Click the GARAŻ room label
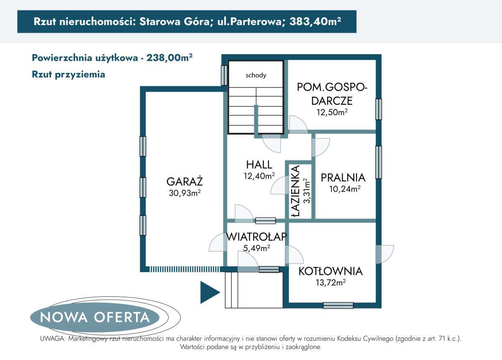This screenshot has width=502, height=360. click(x=184, y=182)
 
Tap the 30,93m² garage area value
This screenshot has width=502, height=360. click(x=184, y=193)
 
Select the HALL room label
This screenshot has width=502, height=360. click(x=259, y=165)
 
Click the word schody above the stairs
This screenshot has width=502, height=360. click(x=256, y=75)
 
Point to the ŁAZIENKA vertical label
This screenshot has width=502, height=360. click(x=296, y=191)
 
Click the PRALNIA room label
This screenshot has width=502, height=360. click(x=343, y=177)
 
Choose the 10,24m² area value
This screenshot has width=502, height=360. click(x=345, y=189)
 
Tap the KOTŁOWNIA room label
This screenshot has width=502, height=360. click(x=330, y=271)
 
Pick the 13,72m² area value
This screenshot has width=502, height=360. click(x=330, y=283)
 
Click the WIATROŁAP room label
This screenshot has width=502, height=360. click(x=256, y=237)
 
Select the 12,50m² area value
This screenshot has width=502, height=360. click(x=333, y=112)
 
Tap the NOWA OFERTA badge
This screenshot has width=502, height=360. click(x=95, y=317)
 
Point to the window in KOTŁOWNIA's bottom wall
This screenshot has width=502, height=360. click(x=338, y=306)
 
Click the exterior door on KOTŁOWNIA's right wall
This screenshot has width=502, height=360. click(x=384, y=254)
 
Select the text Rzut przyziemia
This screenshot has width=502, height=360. click(x=68, y=75)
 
